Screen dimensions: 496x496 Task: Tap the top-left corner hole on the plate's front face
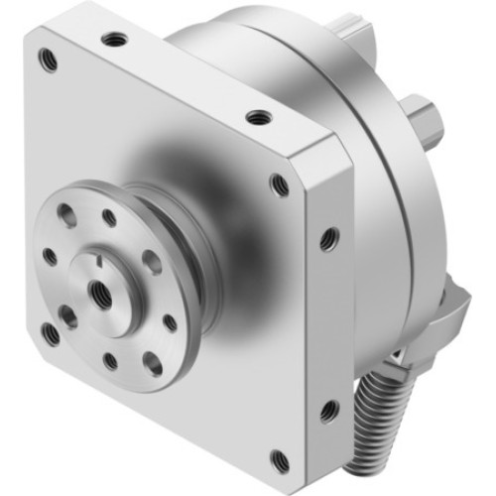pyautogui.click(x=45, y=57)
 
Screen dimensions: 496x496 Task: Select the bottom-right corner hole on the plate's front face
pyautogui.click(x=279, y=458)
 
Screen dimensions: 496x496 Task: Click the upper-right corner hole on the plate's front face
pyautogui.click(x=281, y=184)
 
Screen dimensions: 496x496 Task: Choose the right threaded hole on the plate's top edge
pyautogui.click(x=260, y=117)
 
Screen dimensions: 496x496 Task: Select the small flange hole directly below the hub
pyautogui.click(x=110, y=360)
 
